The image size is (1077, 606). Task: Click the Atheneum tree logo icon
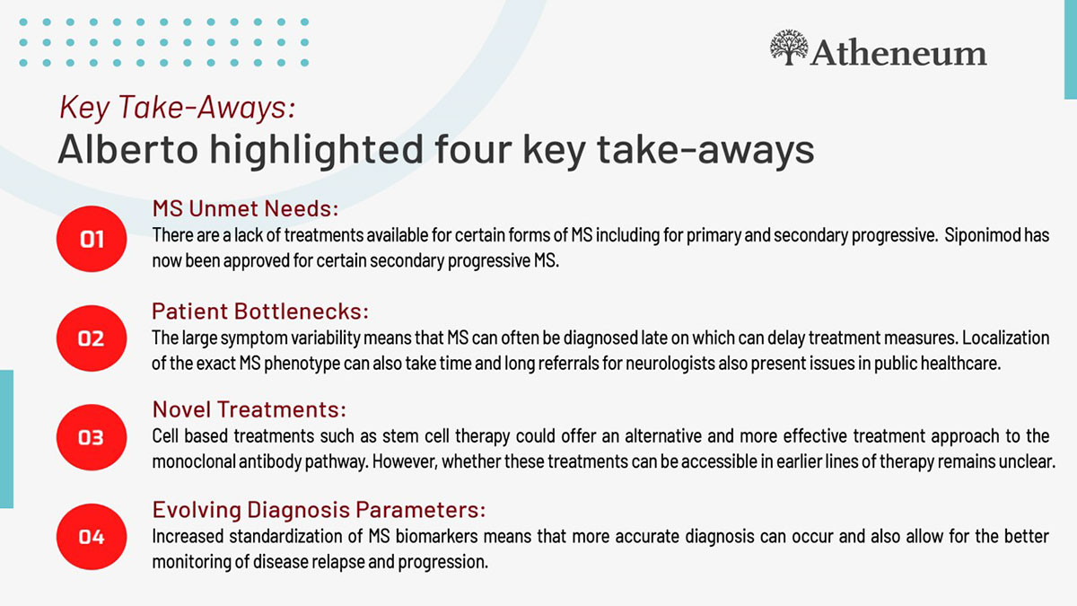(x=789, y=47)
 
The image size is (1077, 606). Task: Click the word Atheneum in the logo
(x=899, y=52)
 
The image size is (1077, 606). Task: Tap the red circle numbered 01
(x=92, y=239)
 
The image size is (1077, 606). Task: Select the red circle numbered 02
(x=92, y=338)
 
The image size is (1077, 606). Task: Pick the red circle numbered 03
(x=92, y=437)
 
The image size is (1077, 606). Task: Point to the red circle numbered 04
(x=92, y=537)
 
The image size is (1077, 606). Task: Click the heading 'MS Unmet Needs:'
(x=245, y=208)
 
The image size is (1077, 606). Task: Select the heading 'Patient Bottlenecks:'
(x=260, y=312)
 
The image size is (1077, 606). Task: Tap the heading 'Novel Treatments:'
(x=250, y=409)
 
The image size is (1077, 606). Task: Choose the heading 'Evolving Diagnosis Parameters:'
(x=319, y=510)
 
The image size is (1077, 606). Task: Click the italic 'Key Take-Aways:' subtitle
(x=177, y=107)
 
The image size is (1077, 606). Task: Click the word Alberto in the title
(x=127, y=149)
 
